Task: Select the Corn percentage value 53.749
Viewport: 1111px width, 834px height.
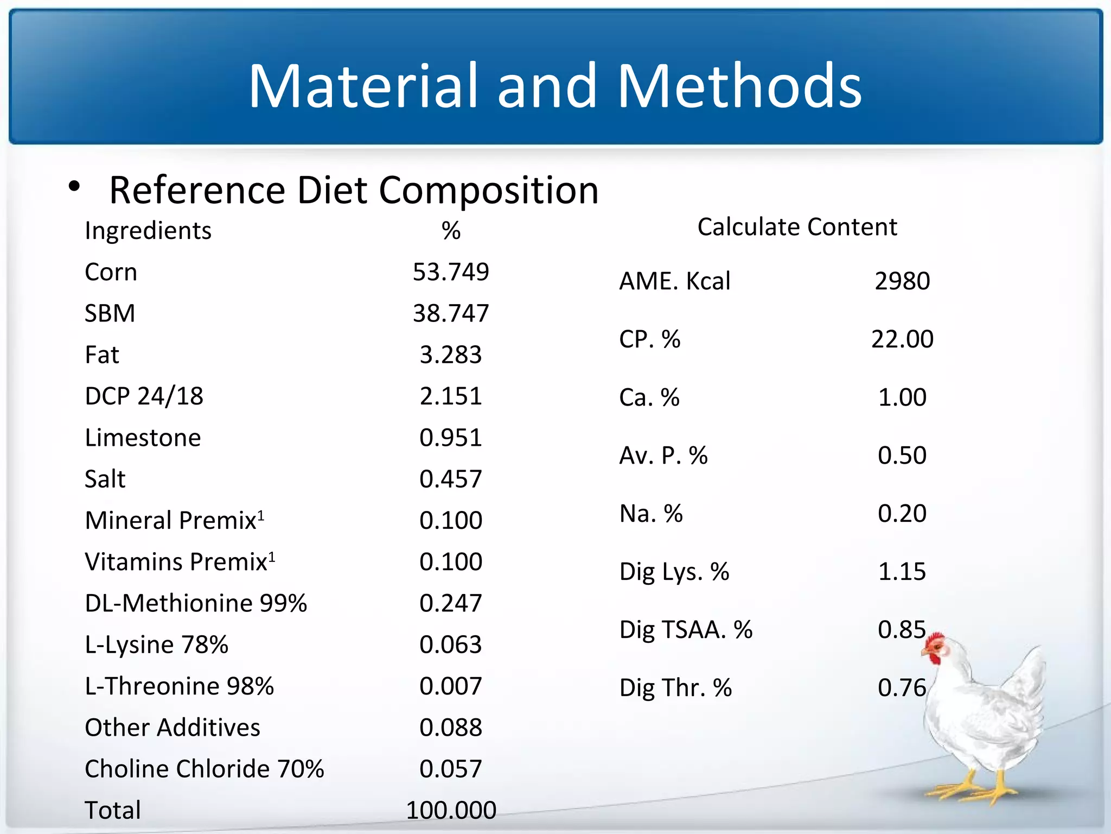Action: point(450,272)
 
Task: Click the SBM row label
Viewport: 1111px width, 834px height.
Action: point(110,313)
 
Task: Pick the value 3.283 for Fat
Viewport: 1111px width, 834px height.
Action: point(450,355)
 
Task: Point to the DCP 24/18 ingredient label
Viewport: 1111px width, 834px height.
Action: point(144,396)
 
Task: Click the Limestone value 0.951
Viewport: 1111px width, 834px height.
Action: point(450,438)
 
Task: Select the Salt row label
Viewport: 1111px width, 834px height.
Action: point(105,479)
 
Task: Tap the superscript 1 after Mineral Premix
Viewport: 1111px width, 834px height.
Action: point(261,514)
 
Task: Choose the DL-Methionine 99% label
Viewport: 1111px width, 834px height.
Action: point(196,603)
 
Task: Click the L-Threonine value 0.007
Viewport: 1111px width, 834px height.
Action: point(450,686)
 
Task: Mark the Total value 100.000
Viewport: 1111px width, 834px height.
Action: point(450,810)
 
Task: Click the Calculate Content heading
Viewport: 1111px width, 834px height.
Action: point(796,227)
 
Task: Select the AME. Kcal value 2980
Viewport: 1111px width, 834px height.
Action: point(902,281)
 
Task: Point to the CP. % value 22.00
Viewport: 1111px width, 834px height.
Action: point(902,339)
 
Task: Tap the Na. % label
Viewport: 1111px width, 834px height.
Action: point(651,514)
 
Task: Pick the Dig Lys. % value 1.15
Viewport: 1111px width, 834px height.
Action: point(902,572)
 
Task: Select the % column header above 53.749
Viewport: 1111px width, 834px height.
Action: point(450,231)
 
